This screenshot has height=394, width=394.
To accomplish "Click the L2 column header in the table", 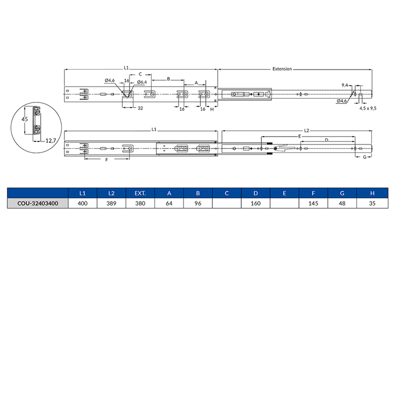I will [x=111, y=193].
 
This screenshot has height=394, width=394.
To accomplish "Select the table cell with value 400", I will [x=82, y=203].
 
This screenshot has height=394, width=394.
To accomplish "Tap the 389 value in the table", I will [x=111, y=203].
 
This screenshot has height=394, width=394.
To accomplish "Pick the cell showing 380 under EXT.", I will [x=140, y=203].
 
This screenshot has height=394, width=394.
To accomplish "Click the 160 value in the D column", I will [x=256, y=203].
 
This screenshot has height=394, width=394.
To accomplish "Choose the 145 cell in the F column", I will [x=313, y=203].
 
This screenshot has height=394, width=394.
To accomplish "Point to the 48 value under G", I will [x=342, y=203].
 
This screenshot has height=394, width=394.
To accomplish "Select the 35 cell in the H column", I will [x=371, y=203].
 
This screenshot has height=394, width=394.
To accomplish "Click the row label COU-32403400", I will [x=38, y=203].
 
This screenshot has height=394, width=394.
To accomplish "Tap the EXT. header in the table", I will [x=140, y=193].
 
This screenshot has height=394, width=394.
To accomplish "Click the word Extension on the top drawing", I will [x=282, y=69].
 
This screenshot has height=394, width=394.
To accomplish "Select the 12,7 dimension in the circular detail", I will [x=50, y=140].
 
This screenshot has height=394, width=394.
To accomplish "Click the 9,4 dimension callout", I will [x=344, y=85].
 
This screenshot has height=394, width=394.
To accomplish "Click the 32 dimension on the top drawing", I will [x=140, y=108].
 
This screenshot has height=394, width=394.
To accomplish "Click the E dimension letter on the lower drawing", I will [x=300, y=136].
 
